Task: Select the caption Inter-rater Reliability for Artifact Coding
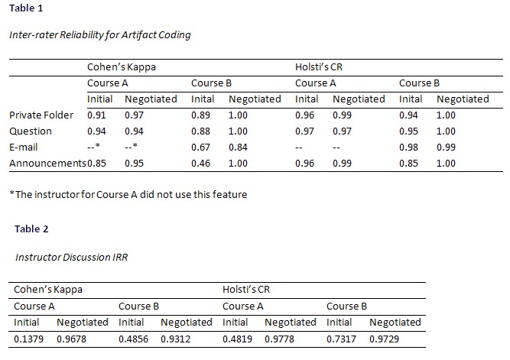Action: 99,35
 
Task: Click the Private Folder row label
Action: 41,115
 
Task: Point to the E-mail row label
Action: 24,147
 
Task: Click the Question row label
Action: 31,131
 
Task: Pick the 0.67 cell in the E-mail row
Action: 200,147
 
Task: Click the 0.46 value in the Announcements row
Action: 200,163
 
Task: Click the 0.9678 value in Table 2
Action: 73,338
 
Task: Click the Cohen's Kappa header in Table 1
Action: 122,67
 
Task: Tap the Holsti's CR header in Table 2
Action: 246,290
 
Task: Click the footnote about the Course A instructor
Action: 128,194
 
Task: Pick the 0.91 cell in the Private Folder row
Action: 96,115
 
